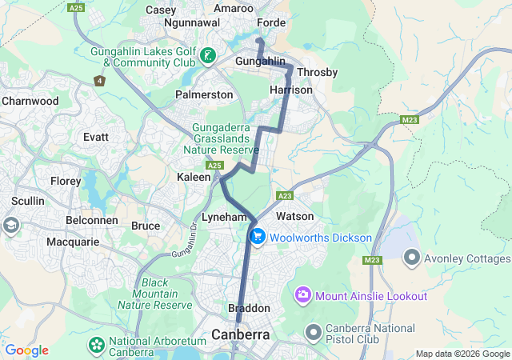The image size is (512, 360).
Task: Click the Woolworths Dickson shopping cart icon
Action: point(258,237)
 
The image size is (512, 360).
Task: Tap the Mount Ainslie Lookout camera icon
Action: point(303,296)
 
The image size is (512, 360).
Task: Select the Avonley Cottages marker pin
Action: point(413,257)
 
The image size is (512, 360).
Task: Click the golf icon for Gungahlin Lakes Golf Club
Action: point(208,55)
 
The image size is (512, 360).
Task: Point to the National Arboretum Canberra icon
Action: point(97,345)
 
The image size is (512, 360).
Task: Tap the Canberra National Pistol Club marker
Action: point(313,330)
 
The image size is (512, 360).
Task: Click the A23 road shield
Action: point(285,195)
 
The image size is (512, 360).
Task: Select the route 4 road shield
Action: point(99,81)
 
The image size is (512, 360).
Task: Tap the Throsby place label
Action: point(317,72)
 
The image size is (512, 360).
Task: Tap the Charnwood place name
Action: point(30,102)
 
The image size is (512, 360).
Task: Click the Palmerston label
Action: point(204,94)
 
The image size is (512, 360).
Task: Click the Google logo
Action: point(26,350)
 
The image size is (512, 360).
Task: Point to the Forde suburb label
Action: point(271,23)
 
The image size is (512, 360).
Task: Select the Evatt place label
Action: point(96,137)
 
